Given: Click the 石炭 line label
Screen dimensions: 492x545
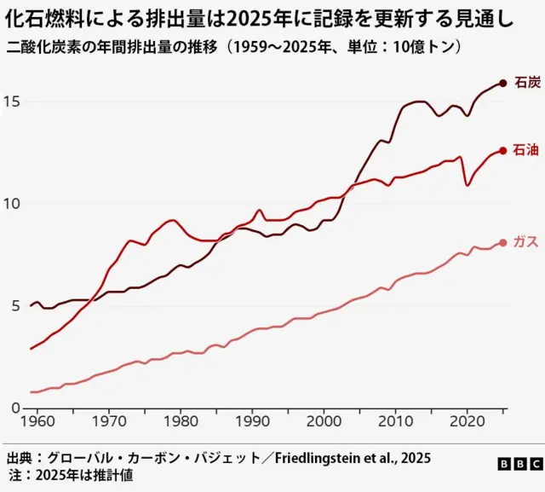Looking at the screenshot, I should (528, 83).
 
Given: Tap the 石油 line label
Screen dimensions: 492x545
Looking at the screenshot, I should (528, 150).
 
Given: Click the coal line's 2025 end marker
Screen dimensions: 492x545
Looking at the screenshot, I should (503, 83).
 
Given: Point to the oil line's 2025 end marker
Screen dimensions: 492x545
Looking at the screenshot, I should (503, 150).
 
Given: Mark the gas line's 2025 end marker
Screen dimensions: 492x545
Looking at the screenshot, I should (503, 242).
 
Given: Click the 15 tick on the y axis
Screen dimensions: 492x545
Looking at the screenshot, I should (12, 101).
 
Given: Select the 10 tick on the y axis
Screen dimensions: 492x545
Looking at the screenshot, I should (12, 204).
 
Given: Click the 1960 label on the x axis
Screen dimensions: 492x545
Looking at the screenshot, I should (37, 422).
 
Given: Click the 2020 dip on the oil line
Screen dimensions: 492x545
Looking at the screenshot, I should (468, 185).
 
